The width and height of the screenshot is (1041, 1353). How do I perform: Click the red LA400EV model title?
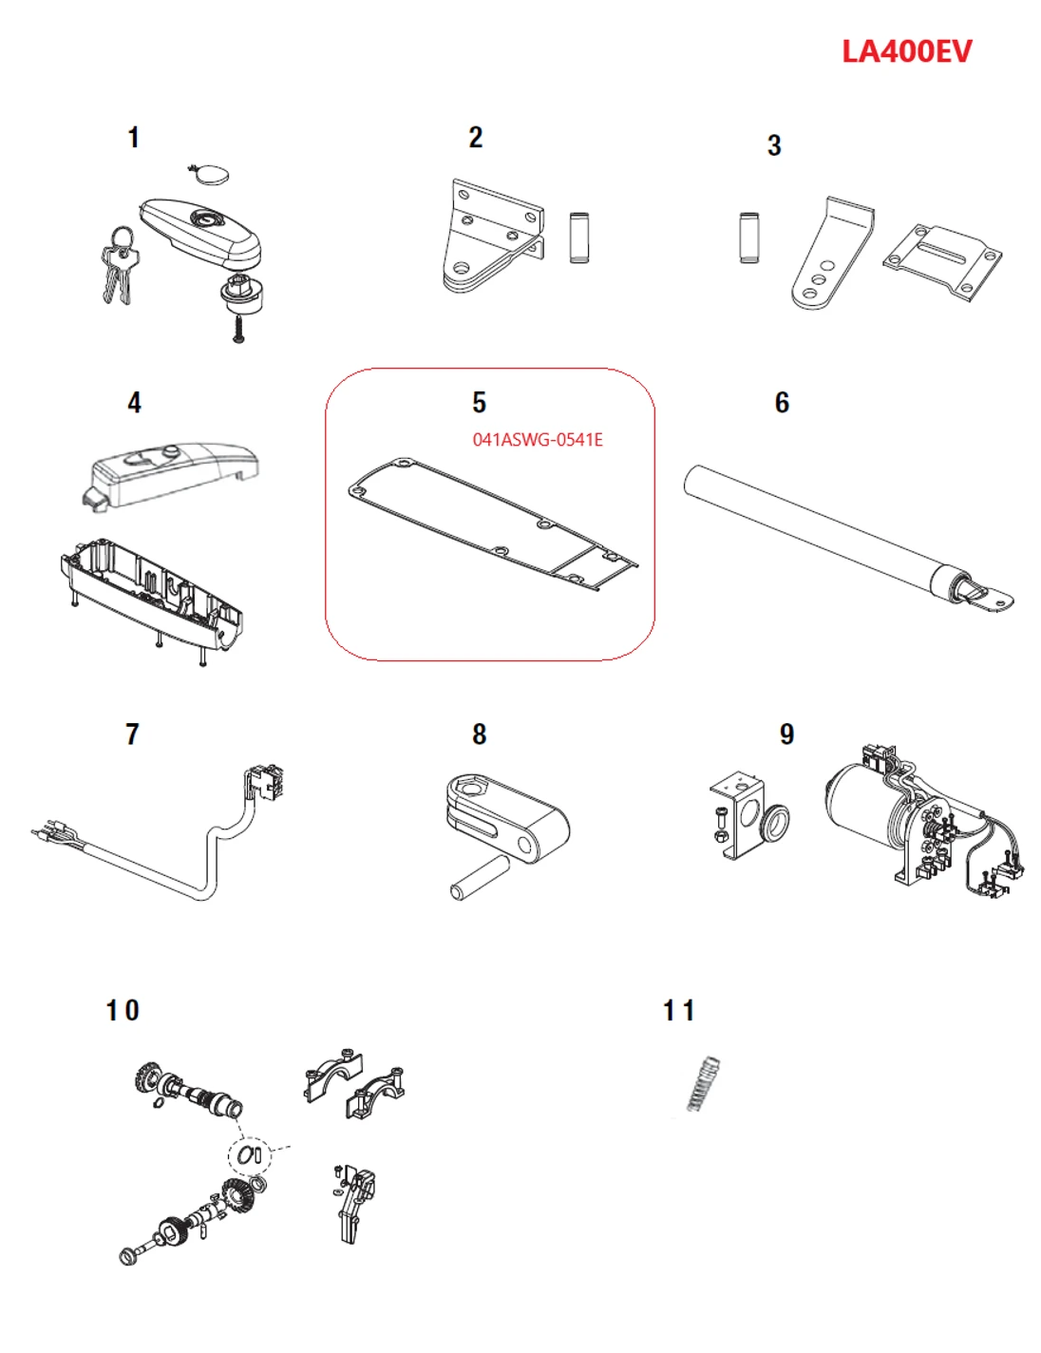pyautogui.click(x=906, y=51)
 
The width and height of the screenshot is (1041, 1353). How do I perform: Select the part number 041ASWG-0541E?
pyautogui.click(x=538, y=440)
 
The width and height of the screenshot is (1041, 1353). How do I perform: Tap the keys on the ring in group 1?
pyautogui.click(x=119, y=268)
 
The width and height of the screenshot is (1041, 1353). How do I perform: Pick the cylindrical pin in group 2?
pyautogui.click(x=579, y=238)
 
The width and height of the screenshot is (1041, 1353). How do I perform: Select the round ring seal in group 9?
pyautogui.click(x=775, y=819)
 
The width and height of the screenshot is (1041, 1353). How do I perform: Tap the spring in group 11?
pyautogui.click(x=703, y=1083)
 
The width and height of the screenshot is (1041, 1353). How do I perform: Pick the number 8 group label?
pyautogui.click(x=480, y=734)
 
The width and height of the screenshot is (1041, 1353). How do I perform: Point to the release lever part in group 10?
pyautogui.click(x=354, y=1202)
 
